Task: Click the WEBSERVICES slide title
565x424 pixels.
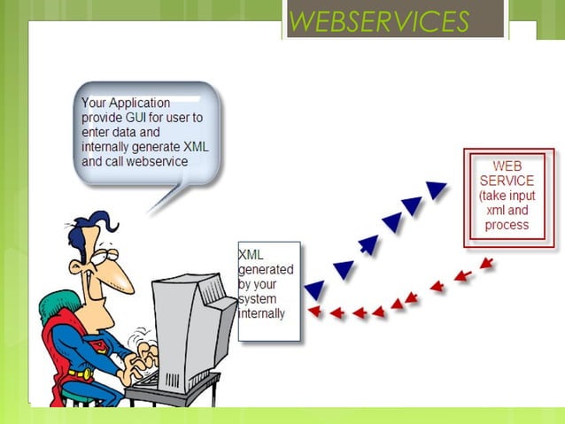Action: pos(378,21)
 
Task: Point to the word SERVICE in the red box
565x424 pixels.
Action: pos(508,181)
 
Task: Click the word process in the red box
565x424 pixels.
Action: pos(507,225)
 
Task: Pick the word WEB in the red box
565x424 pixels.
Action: pos(507,166)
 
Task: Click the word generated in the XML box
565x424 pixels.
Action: pos(266,269)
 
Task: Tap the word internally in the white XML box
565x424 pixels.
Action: pos(262,312)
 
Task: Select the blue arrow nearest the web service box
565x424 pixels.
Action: pos(436,189)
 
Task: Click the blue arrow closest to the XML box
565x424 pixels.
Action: pos(313,289)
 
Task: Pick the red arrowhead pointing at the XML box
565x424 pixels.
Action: pos(313,312)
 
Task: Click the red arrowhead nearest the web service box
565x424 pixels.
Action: pos(485,264)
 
